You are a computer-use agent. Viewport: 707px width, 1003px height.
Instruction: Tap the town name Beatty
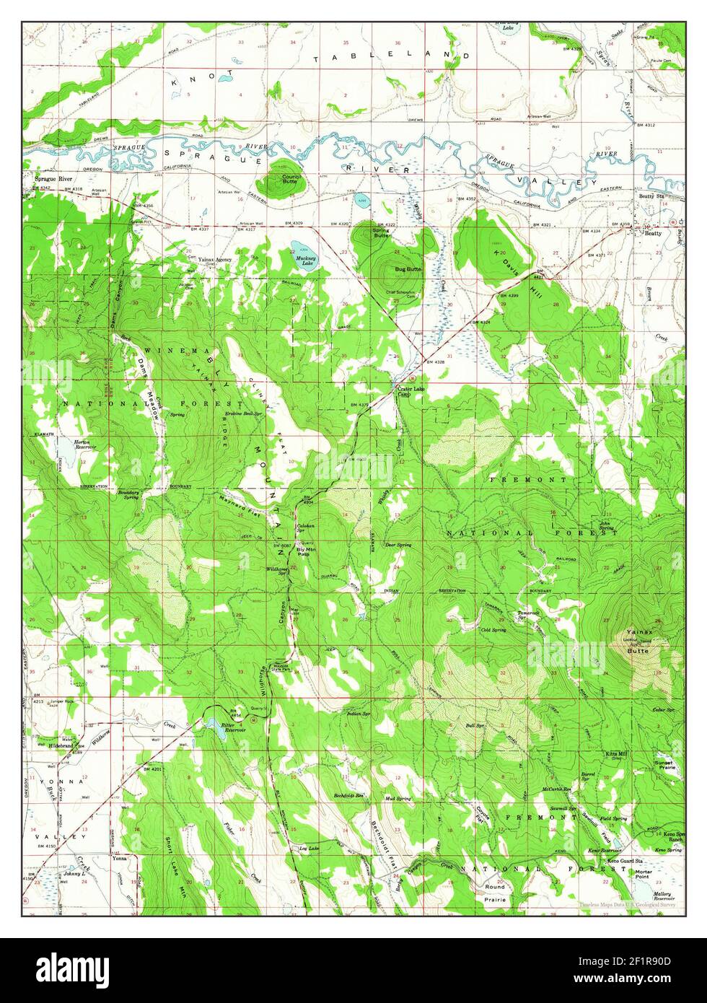coord(652,234)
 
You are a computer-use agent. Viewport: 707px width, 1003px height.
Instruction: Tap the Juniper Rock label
coord(59,701)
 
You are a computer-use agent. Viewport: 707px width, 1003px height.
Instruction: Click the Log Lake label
coord(308,849)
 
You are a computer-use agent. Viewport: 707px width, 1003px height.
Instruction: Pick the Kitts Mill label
coord(618,755)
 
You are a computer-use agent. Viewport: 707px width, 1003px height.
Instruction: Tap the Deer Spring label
coord(398,545)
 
